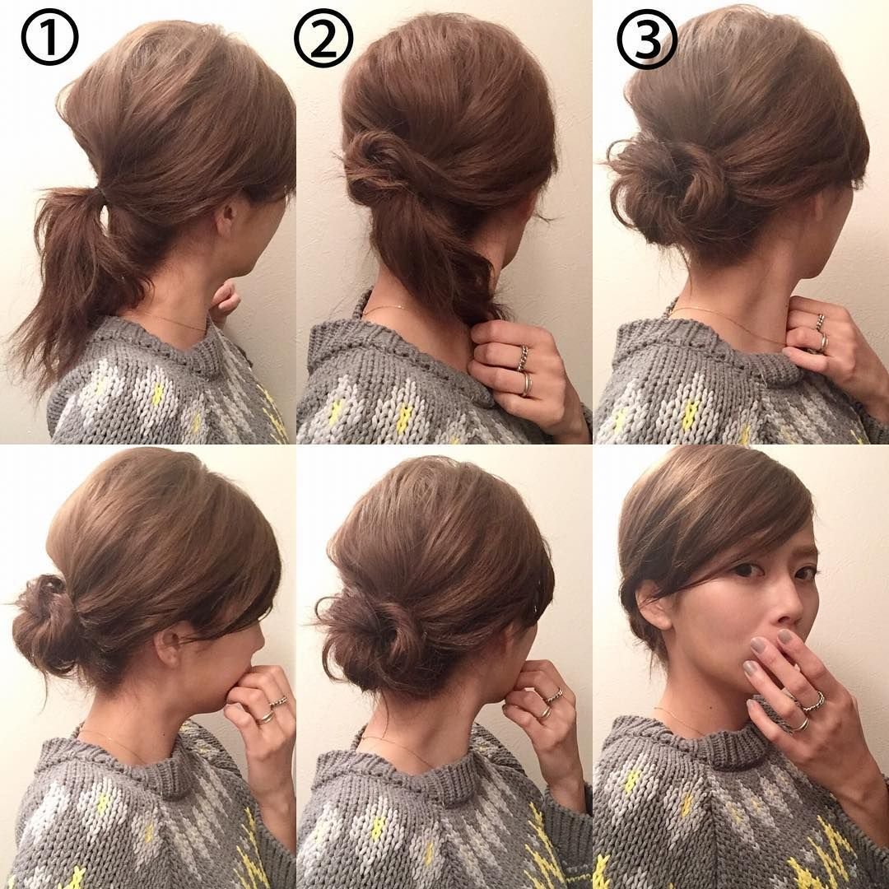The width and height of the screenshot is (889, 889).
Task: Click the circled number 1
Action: click(x=49, y=37)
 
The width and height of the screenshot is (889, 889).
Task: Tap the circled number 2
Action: click(x=323, y=40)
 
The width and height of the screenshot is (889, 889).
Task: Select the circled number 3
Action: click(x=647, y=40)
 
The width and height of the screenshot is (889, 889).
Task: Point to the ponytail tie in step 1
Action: click(x=101, y=198)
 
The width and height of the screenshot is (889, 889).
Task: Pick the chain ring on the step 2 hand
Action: click(x=523, y=358)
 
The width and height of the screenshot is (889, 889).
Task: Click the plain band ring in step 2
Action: click(x=528, y=384)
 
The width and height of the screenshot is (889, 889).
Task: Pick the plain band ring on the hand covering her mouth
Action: click(x=800, y=724)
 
